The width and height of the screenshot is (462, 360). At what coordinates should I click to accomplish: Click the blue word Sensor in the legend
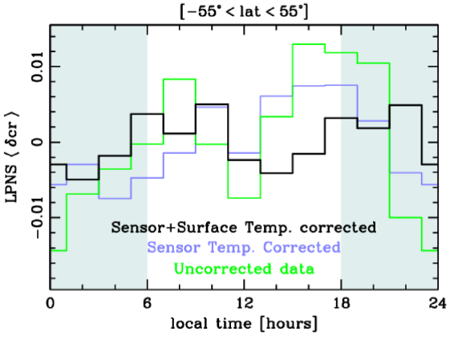pyautogui.click(x=174, y=248)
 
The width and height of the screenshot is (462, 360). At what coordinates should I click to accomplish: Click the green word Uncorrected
pyautogui.click(x=220, y=269)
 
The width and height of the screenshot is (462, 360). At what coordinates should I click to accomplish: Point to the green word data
pyautogui.click(x=292, y=269)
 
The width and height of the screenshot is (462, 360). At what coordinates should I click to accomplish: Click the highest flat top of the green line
pyautogui.click(x=308, y=44)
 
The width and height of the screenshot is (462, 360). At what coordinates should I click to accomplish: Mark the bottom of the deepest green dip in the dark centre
pyautogui.click(x=244, y=197)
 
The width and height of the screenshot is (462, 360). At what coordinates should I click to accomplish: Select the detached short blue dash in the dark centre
pyautogui.click(x=212, y=107)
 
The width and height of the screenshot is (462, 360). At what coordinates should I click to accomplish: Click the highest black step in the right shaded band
pyautogui.click(x=405, y=105)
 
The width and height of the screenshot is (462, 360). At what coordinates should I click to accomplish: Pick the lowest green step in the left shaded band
pyautogui.click(x=59, y=250)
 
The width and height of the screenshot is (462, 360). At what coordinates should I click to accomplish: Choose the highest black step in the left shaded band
pyautogui.click(x=139, y=115)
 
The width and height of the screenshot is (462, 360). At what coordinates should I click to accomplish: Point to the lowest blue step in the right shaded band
pyautogui.click(x=429, y=184)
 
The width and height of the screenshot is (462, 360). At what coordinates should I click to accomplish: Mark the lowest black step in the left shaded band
pyautogui.click(x=83, y=180)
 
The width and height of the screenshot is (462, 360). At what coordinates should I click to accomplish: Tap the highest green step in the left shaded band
pyautogui.click(x=139, y=144)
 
